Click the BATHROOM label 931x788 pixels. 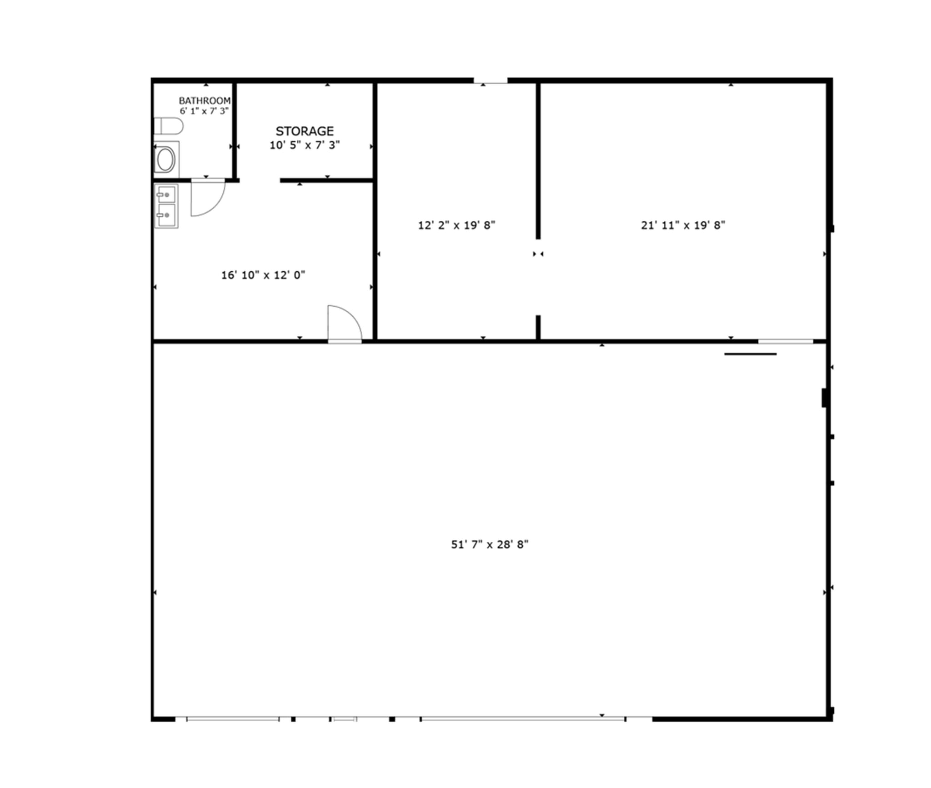point(205,100)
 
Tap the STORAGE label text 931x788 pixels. point(305,131)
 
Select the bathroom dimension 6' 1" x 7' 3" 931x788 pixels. point(204,111)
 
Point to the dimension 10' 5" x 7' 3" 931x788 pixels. point(305,145)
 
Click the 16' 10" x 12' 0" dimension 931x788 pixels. point(263,275)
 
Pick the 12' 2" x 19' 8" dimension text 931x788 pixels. point(456,225)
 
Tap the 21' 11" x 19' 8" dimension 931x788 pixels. point(683,225)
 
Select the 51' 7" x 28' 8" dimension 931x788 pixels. point(490,544)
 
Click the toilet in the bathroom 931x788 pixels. point(168,126)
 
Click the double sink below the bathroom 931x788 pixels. point(166,206)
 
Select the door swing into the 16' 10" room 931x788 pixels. point(344,323)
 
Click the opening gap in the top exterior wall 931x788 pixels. point(491,81)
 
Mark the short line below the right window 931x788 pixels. point(750,354)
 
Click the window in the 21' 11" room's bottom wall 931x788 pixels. point(785,341)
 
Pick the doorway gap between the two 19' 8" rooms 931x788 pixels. point(538,277)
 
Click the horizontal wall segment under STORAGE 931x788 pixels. point(326,180)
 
